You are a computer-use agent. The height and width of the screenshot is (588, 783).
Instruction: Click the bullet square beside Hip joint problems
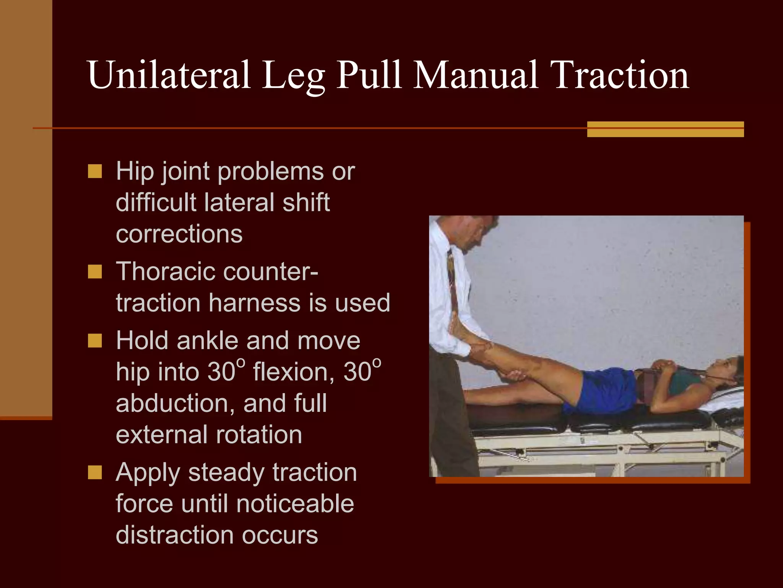(x=95, y=171)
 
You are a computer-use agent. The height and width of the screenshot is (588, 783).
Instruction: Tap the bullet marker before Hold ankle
(x=95, y=341)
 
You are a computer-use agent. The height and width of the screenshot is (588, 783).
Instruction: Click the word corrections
(x=179, y=234)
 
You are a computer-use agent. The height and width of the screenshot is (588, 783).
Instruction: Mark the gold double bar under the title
(x=665, y=129)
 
